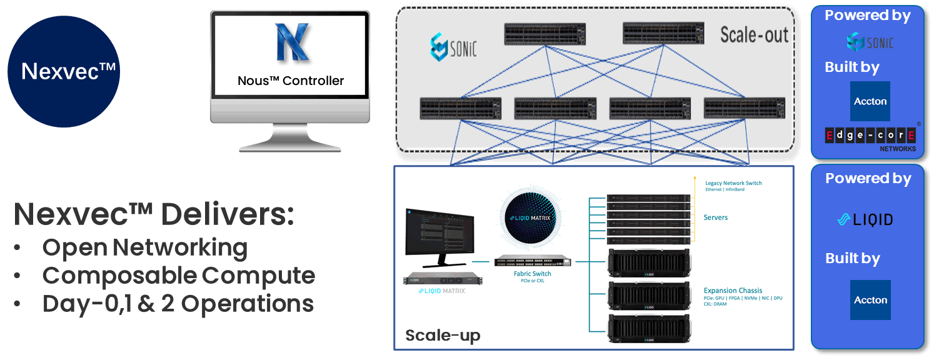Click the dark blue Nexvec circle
coord(63,71)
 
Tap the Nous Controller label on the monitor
coord(291,81)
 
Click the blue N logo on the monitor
coord(292,42)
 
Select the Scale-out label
coord(754,35)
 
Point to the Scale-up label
coord(443,335)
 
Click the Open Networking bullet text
coord(144,247)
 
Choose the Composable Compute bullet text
coord(178,276)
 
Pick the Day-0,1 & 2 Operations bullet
coord(178,304)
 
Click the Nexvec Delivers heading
coord(154,214)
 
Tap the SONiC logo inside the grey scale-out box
coord(453,47)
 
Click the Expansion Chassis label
coord(733,291)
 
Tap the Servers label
coord(716,217)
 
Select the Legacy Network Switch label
coord(733,183)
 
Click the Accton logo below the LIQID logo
coord(870,300)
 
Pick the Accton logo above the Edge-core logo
coord(870,101)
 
